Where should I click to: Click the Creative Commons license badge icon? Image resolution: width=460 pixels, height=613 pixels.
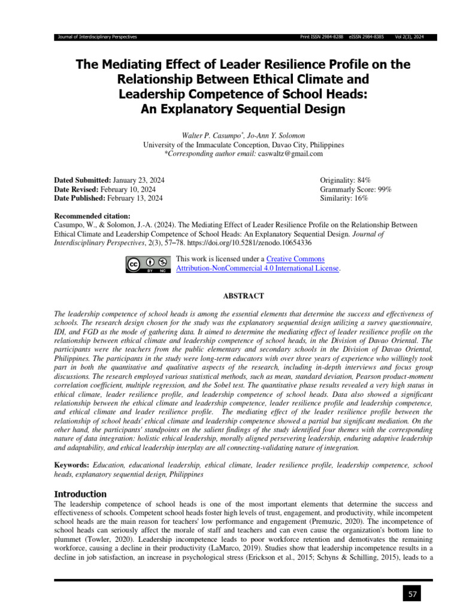[x=146, y=265]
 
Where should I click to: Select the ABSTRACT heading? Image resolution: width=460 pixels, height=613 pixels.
[x=243, y=296]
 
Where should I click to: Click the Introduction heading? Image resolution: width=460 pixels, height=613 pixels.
[x=80, y=494]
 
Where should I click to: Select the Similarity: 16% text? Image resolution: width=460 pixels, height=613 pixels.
[x=344, y=198]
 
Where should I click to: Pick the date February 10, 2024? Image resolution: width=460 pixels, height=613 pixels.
[x=135, y=189]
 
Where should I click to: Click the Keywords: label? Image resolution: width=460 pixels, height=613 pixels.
[x=72, y=465]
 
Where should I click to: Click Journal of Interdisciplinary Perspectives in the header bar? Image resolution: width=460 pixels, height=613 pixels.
[x=96, y=37]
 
